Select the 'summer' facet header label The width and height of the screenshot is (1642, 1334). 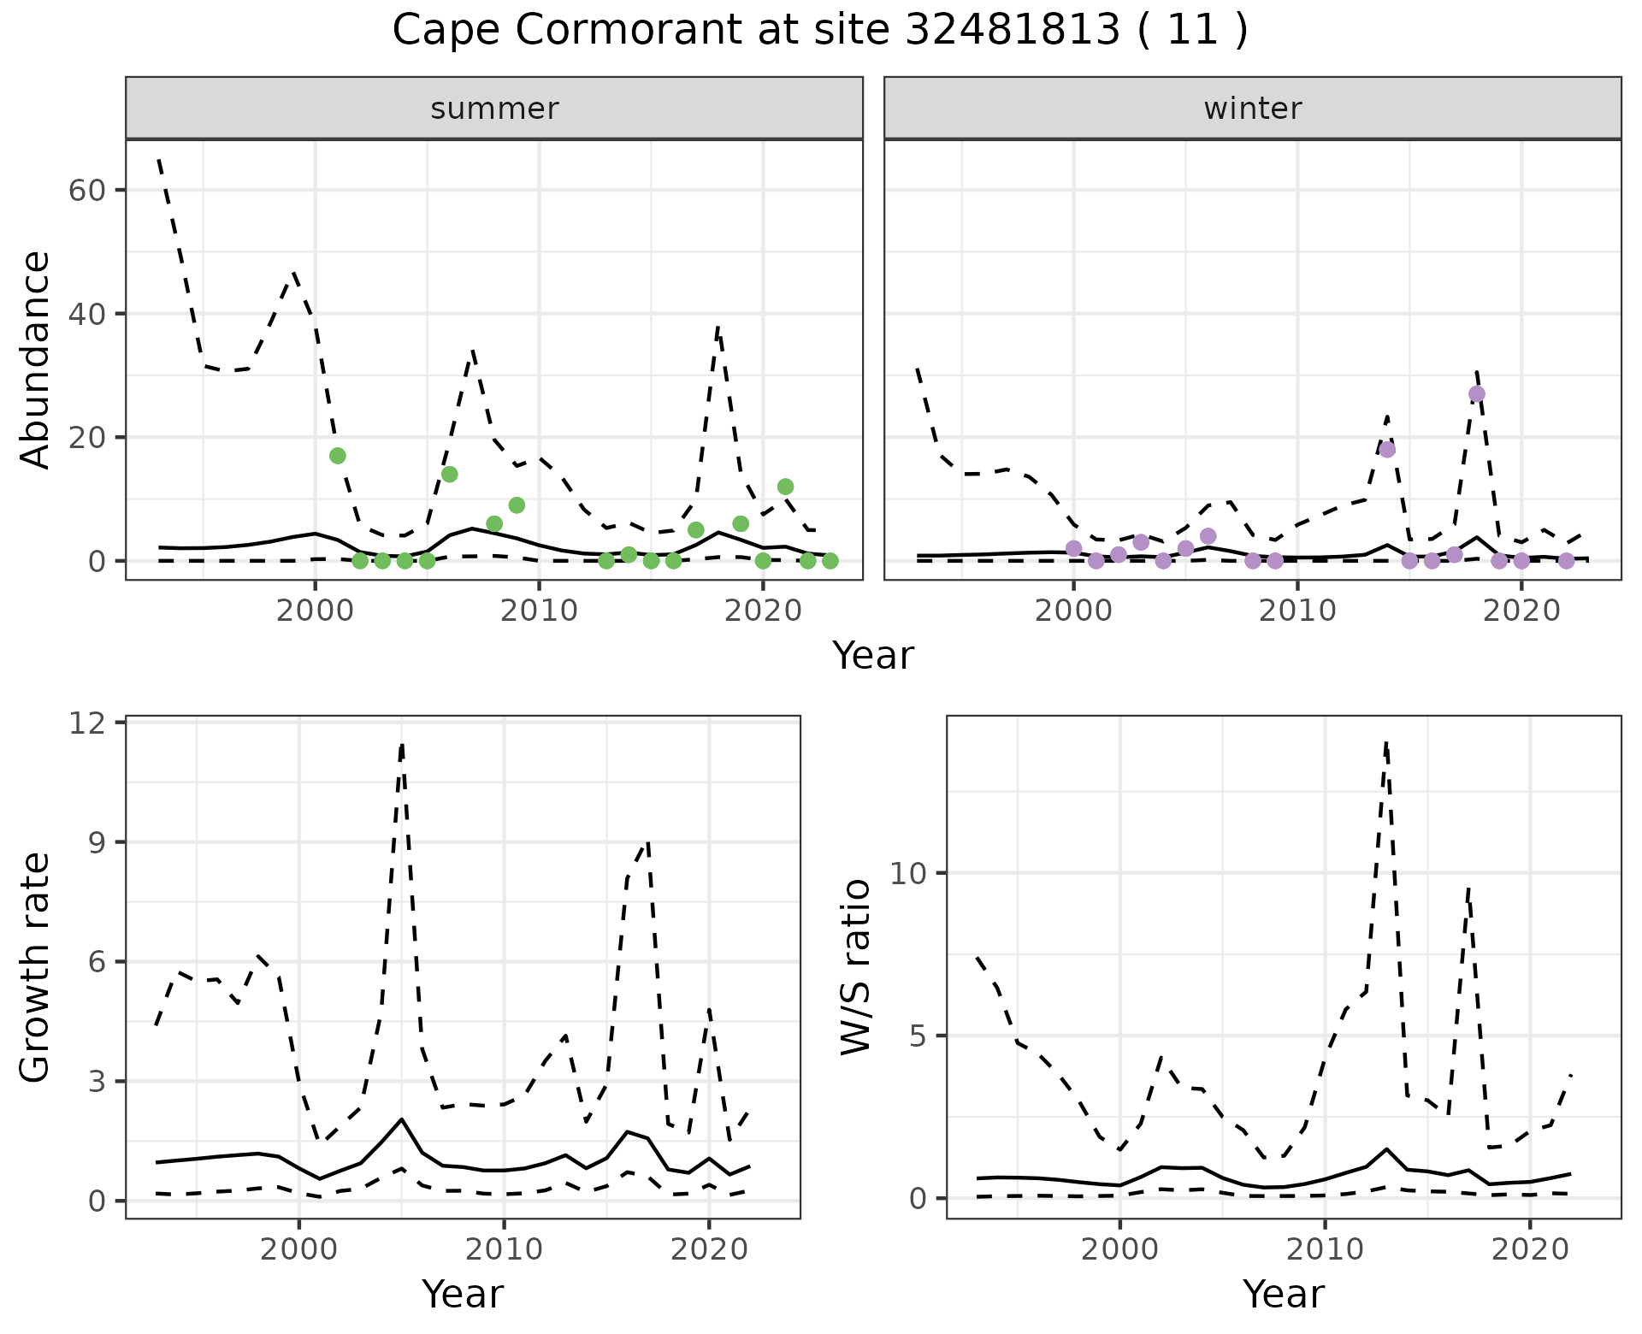tap(494, 109)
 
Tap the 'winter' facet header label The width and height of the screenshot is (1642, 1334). tap(1252, 109)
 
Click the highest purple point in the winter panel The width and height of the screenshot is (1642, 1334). tap(1476, 394)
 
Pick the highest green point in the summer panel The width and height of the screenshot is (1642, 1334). tap(338, 456)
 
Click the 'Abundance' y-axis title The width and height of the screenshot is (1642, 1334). tap(36, 360)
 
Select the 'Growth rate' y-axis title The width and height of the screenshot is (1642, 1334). tap(36, 967)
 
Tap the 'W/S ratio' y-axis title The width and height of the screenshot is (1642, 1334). tap(856, 967)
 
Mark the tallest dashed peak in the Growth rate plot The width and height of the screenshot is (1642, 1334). tap(401, 745)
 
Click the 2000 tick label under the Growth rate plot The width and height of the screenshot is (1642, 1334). tap(298, 1249)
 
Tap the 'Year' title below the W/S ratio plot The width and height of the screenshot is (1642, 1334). tap(1283, 1295)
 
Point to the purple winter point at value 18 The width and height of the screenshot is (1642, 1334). tap(1387, 450)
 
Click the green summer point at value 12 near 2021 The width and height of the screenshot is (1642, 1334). tap(785, 487)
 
